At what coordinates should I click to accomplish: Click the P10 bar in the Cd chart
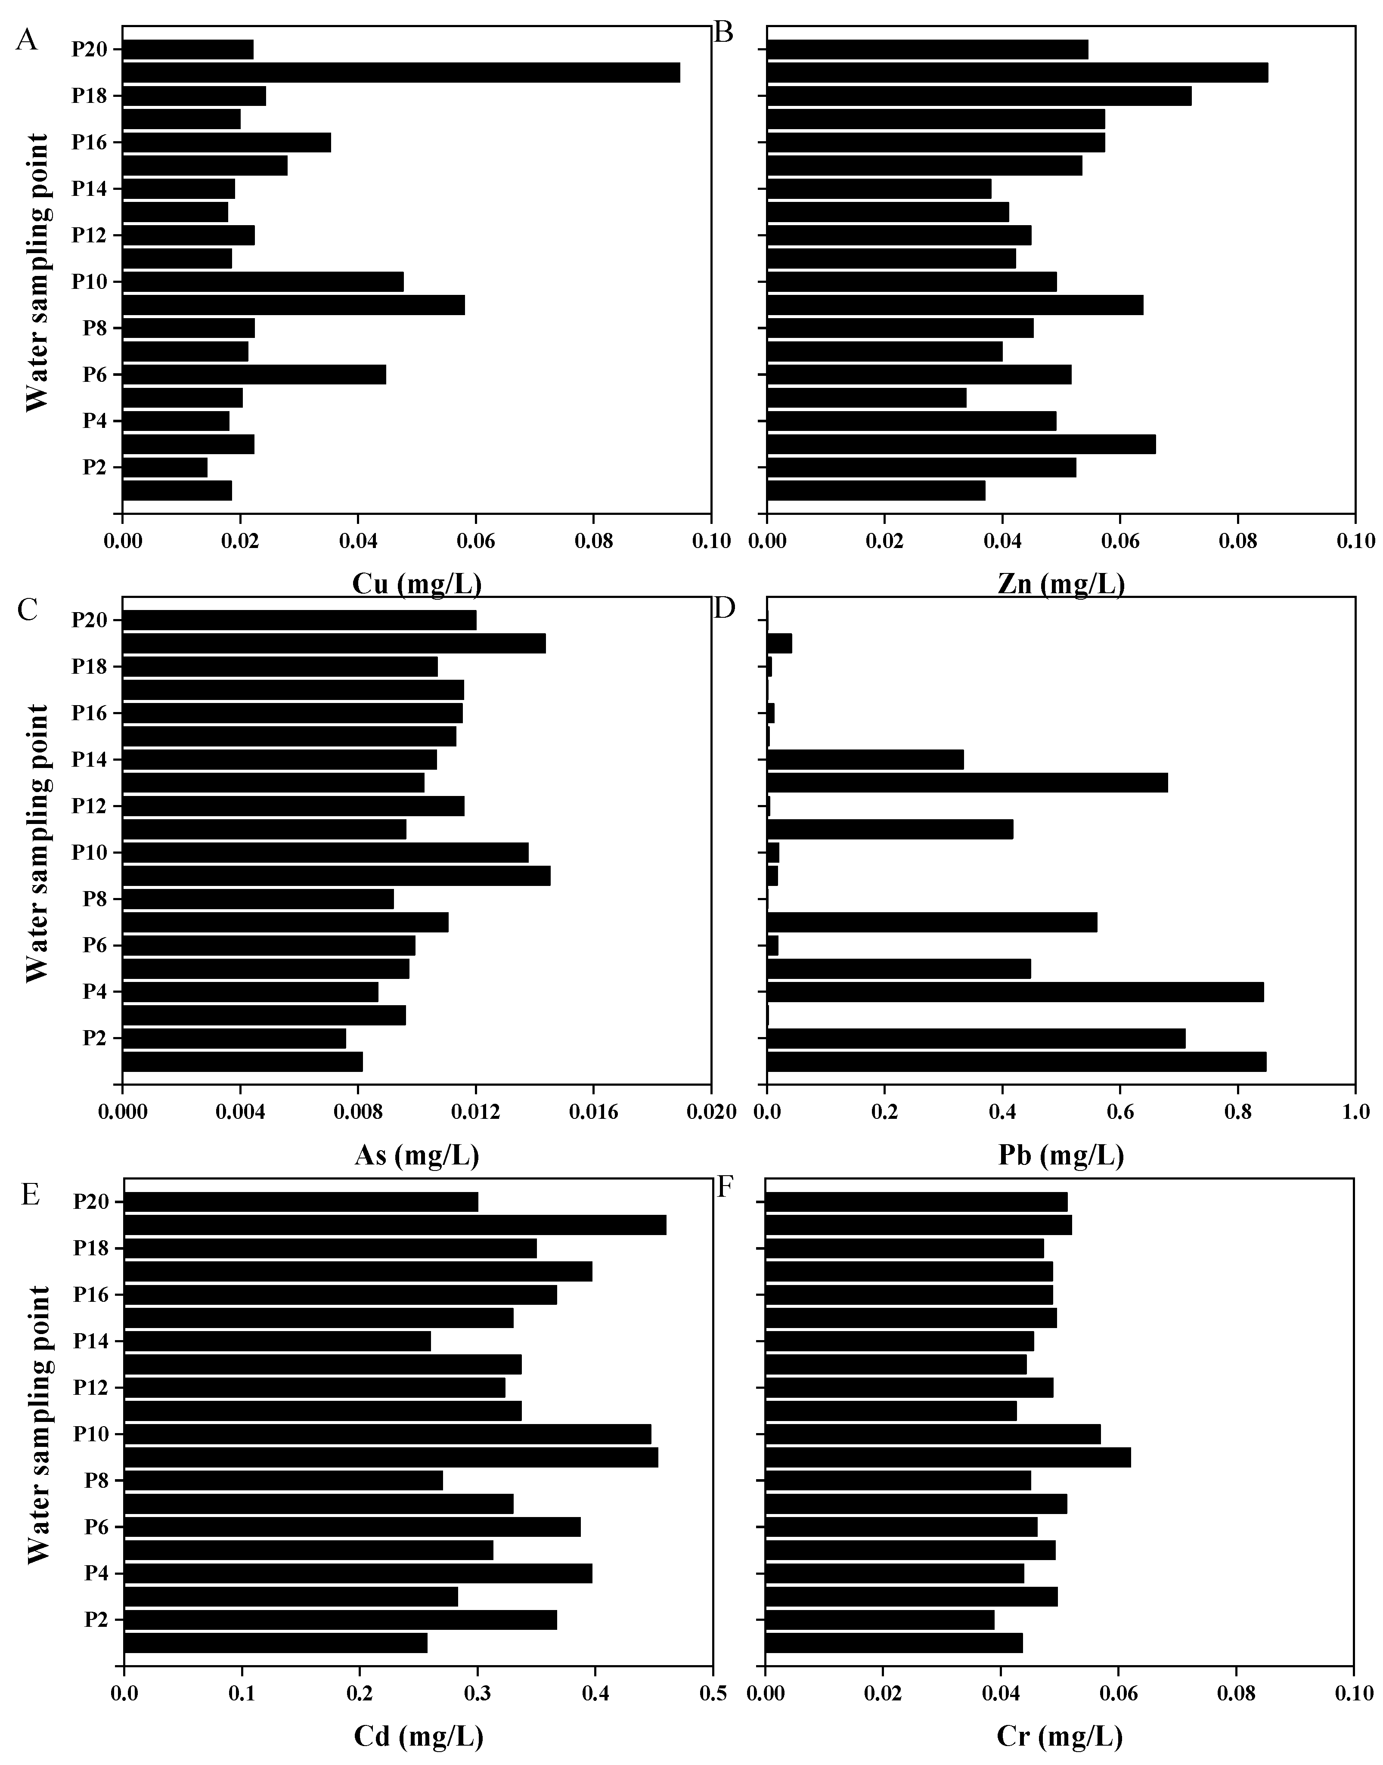tap(387, 1434)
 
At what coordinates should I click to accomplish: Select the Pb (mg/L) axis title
tap(1061, 1155)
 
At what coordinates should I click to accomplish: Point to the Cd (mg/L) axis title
tap(419, 1735)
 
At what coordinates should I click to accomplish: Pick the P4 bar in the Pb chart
tap(1014, 992)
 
